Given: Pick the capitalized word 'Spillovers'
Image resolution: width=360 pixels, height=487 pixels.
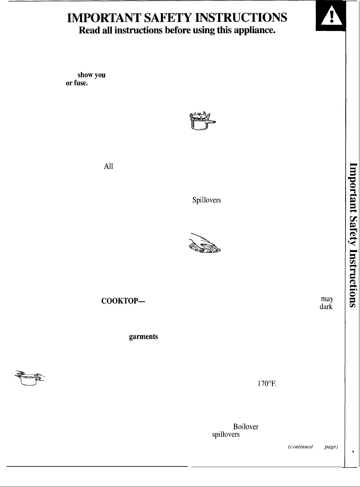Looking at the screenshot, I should pos(206,200).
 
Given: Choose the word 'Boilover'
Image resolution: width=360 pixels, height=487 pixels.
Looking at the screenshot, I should pos(246,427).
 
